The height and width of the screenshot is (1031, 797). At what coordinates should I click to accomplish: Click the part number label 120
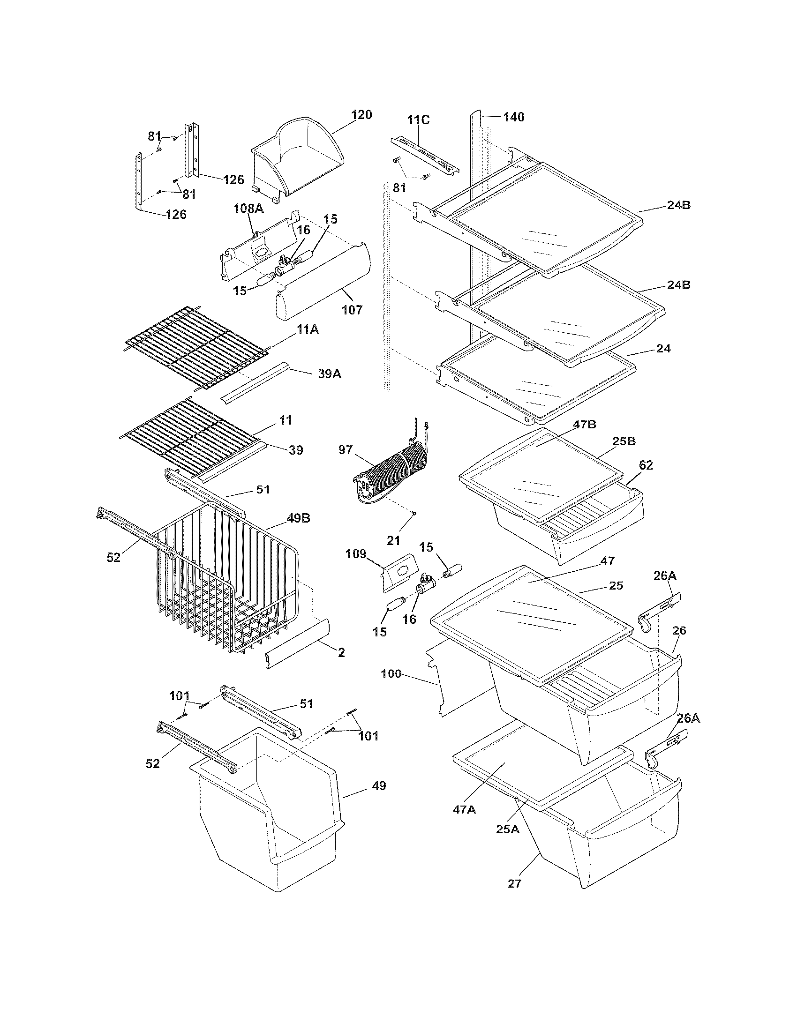361,115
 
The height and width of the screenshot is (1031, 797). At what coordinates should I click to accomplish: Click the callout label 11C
419,120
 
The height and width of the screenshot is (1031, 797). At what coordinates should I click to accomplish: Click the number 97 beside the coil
346,449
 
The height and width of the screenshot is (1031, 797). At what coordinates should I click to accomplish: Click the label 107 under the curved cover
352,310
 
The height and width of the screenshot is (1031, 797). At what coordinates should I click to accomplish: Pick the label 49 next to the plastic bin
379,785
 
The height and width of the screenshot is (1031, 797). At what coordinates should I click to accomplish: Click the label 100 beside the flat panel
391,673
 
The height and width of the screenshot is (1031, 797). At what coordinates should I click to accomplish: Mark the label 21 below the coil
393,540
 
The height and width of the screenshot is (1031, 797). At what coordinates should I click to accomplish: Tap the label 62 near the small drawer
646,465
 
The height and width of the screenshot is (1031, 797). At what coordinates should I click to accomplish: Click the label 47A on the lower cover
464,809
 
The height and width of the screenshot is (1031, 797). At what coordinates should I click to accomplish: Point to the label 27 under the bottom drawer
514,883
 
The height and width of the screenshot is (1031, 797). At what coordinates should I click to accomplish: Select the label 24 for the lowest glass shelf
663,348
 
